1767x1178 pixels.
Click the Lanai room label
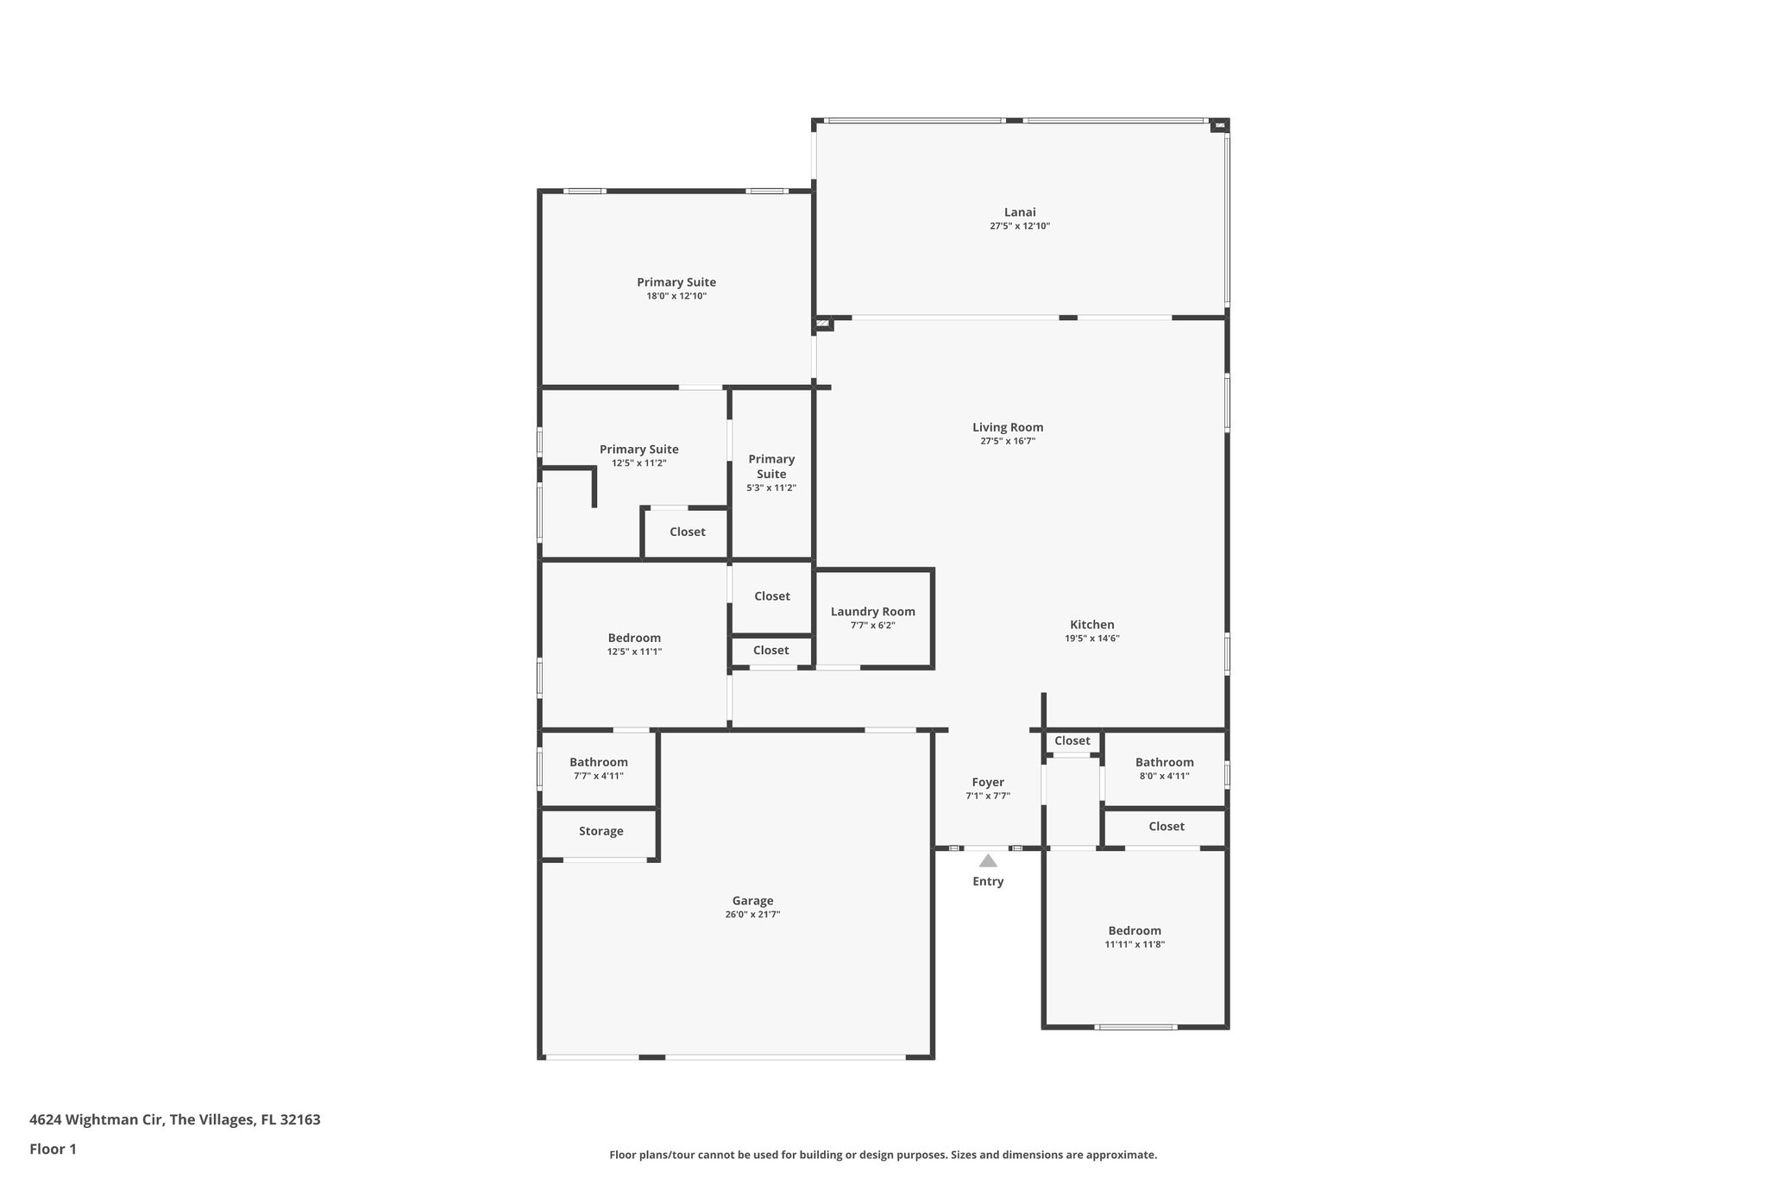pos(1019,212)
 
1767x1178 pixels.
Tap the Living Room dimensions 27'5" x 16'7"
pos(1007,441)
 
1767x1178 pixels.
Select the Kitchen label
pos(1091,625)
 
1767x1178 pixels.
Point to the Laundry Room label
pos(872,612)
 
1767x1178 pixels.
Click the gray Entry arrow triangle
pos(988,860)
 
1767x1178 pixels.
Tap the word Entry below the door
pos(988,881)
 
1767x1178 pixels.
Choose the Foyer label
pos(988,783)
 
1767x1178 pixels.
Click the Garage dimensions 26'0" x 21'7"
pos(752,915)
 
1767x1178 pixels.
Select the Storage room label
pos(601,831)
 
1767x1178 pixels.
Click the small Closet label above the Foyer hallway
pos(1072,740)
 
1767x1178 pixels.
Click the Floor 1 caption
pos(53,1150)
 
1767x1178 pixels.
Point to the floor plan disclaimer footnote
pos(883,1155)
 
